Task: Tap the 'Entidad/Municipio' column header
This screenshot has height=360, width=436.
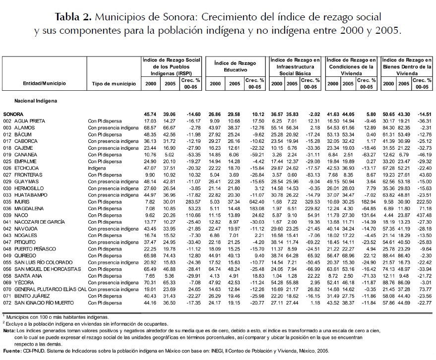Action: tap(45, 83)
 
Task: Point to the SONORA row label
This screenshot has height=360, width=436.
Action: tap(13, 114)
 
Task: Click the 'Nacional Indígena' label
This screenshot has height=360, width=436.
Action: tap(36, 101)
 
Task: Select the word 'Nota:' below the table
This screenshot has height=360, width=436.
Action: tap(8, 330)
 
